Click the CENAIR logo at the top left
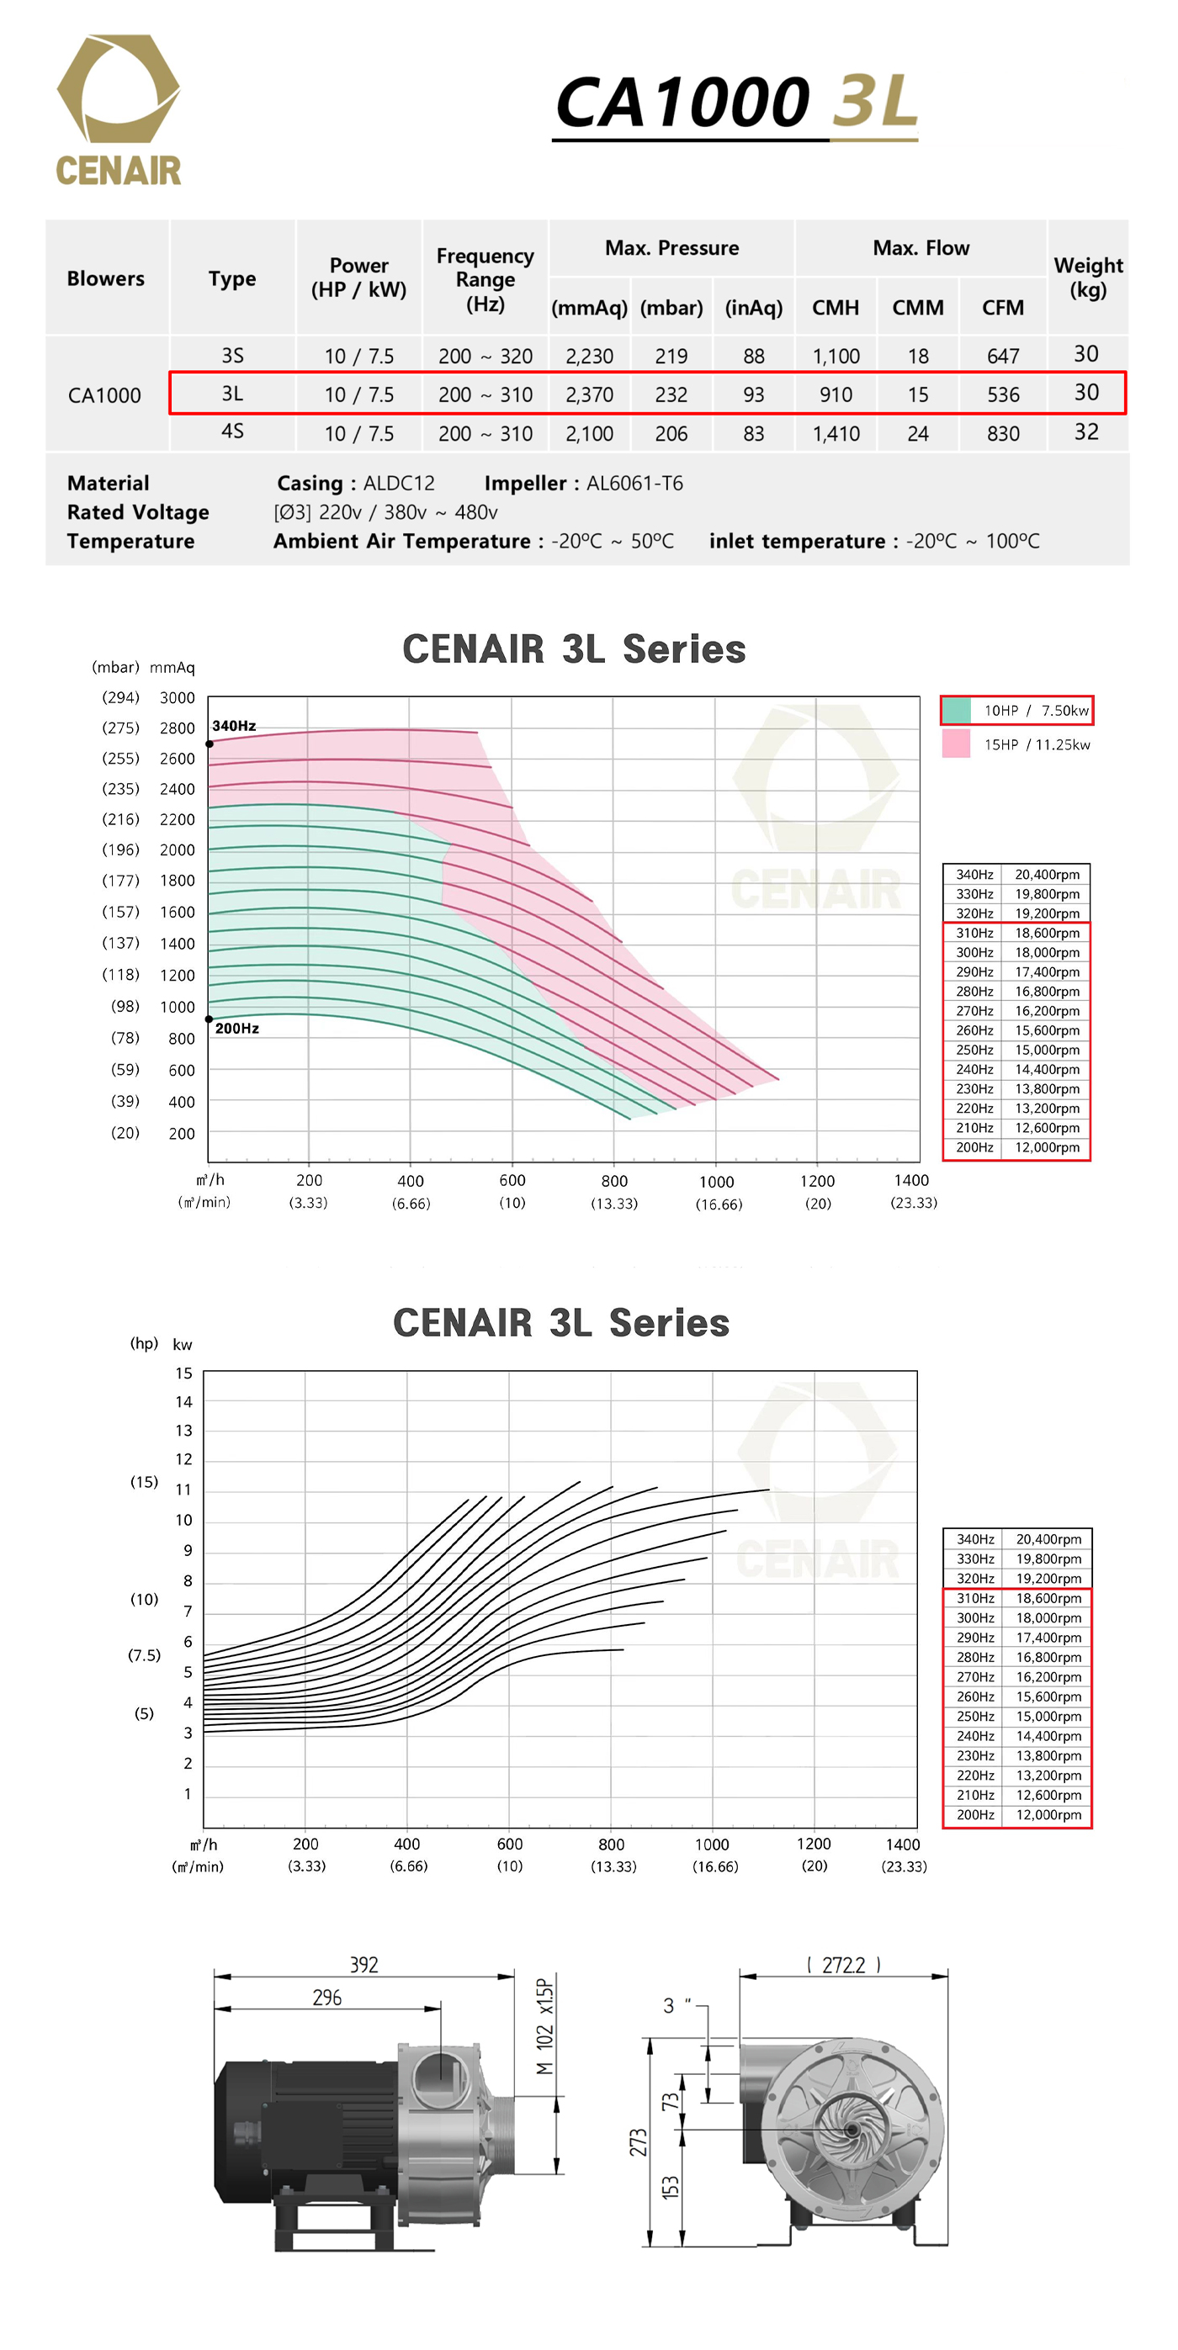[119, 110]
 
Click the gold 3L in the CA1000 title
[873, 101]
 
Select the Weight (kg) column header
[1088, 278]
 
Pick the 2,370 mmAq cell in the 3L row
[590, 395]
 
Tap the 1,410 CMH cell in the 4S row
[836, 434]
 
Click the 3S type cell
[233, 356]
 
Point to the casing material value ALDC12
[399, 484]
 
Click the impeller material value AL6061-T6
[634, 484]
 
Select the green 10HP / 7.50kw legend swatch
[956, 710]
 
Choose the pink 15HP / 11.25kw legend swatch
[956, 744]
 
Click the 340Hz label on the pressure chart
[234, 726]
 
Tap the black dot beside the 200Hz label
[209, 1019]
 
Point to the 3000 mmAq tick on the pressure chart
[177, 698]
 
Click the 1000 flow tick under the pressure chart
[716, 1182]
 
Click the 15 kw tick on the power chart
[184, 1373]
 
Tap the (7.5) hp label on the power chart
[144, 1655]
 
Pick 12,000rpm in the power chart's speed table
[1048, 1814]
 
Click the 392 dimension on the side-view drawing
[364, 1965]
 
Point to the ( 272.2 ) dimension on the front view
[843, 1965]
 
